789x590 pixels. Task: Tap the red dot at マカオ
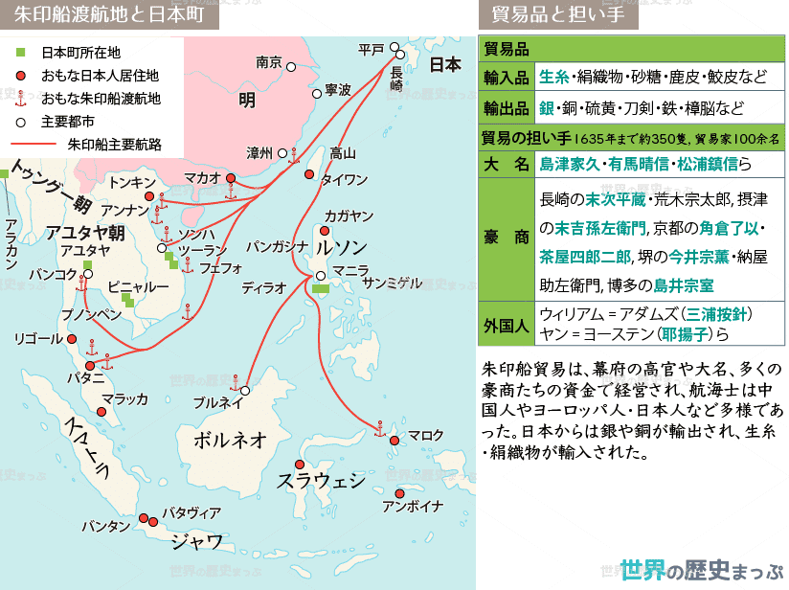pos(230,178)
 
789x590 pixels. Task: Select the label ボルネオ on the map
pos(230,440)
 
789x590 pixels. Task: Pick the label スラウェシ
pos(321,480)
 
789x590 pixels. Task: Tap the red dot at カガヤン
pos(324,231)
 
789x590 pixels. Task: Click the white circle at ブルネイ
pos(245,391)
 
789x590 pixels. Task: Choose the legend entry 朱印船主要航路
pos(114,144)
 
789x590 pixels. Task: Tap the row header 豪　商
pos(506,238)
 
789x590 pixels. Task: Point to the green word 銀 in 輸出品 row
pos(548,107)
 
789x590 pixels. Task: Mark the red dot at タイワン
pos(308,174)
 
